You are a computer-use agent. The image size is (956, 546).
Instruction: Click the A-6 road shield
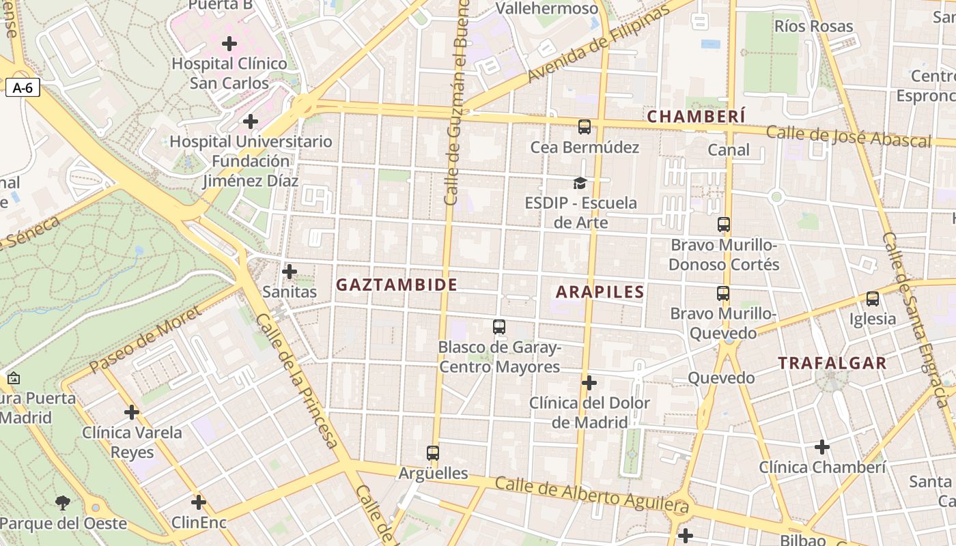[x=23, y=87]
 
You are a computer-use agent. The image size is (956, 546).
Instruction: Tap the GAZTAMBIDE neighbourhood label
[x=397, y=285]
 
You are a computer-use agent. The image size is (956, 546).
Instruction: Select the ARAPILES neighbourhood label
[x=600, y=292]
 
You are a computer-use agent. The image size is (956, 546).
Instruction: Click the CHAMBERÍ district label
[x=696, y=117]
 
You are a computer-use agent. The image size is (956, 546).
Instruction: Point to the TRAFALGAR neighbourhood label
[x=832, y=363]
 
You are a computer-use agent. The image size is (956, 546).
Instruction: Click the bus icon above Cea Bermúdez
[x=585, y=126]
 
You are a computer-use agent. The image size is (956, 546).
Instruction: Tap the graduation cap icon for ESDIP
[x=580, y=183]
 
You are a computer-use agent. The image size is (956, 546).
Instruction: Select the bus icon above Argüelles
[x=433, y=452]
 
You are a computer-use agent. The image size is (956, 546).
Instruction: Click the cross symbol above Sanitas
[x=290, y=272]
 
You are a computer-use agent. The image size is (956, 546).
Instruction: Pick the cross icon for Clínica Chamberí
[x=822, y=447]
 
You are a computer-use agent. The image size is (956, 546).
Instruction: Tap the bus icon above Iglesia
[x=872, y=298]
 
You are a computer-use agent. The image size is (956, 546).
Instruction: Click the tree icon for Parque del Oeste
[x=63, y=504]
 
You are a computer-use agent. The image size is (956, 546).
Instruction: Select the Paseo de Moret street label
[x=145, y=339]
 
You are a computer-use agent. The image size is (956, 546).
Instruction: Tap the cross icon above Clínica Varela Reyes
[x=132, y=412]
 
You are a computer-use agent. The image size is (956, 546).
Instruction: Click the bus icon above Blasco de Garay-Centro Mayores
[x=499, y=327]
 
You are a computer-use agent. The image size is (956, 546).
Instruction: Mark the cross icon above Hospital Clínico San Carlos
[x=229, y=44]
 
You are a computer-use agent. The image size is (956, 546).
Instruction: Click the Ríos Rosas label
[x=813, y=27]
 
